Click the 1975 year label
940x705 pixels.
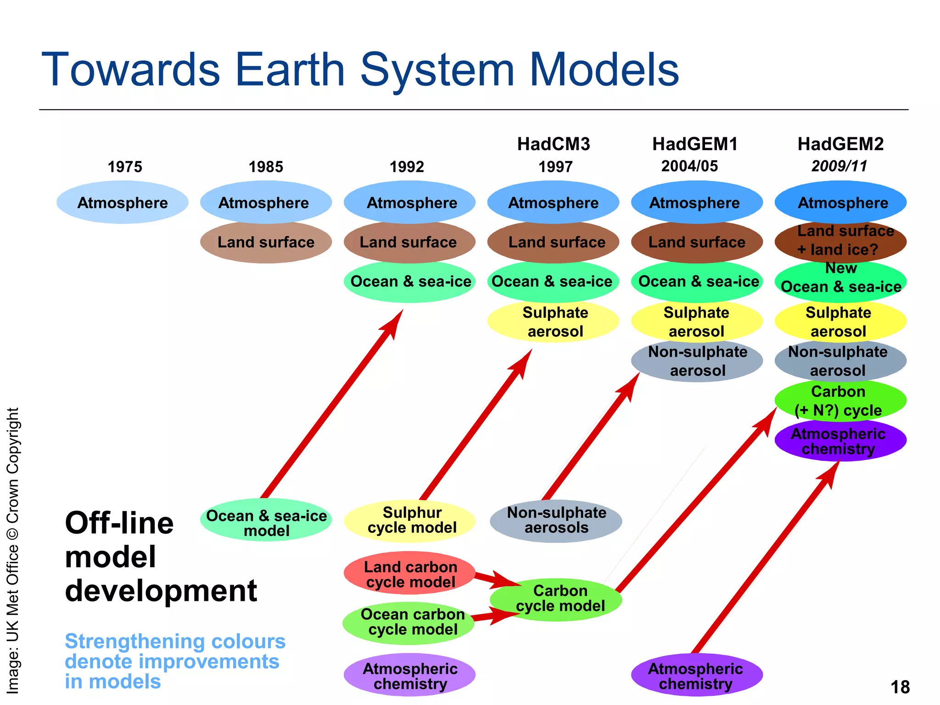tap(125, 167)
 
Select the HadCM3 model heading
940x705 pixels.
tap(554, 144)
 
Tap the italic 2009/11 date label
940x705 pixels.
tap(839, 166)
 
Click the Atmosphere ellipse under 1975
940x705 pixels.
tap(123, 202)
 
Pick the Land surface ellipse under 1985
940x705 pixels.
tap(266, 242)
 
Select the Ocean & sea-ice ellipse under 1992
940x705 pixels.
tap(410, 281)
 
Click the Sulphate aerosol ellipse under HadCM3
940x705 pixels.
tap(554, 321)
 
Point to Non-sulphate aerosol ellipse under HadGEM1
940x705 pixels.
tap(697, 361)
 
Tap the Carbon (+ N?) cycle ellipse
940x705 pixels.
tap(840, 400)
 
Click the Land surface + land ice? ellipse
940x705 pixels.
tap(840, 241)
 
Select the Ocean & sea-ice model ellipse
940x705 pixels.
tap(266, 522)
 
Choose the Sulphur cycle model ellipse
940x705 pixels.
tap(410, 520)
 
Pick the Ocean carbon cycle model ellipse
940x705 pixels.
tap(408, 622)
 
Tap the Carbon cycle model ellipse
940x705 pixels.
tap(556, 599)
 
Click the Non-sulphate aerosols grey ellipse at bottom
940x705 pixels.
tap(556, 520)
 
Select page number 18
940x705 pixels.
tap(900, 687)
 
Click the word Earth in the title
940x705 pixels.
tap(290, 70)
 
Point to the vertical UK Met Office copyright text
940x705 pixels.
tap(13, 551)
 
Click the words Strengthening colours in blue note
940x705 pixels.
tap(175, 641)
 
